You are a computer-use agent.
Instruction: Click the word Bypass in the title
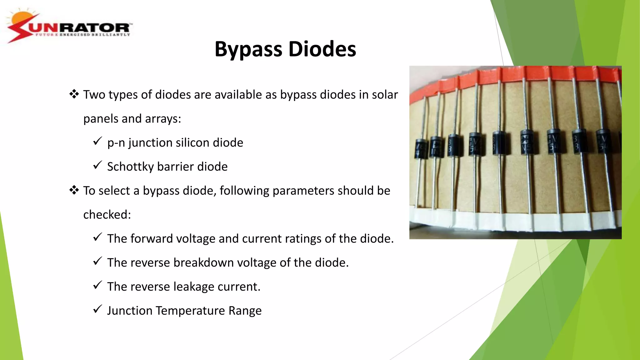(248, 49)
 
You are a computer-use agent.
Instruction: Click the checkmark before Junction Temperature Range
(97, 309)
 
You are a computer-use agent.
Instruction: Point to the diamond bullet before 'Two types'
(74, 94)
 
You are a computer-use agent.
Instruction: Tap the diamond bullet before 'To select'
(74, 190)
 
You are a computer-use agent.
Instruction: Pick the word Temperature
(190, 311)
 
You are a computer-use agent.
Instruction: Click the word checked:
(107, 215)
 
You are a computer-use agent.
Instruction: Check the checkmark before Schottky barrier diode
(97, 165)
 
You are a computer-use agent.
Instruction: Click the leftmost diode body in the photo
(421, 149)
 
